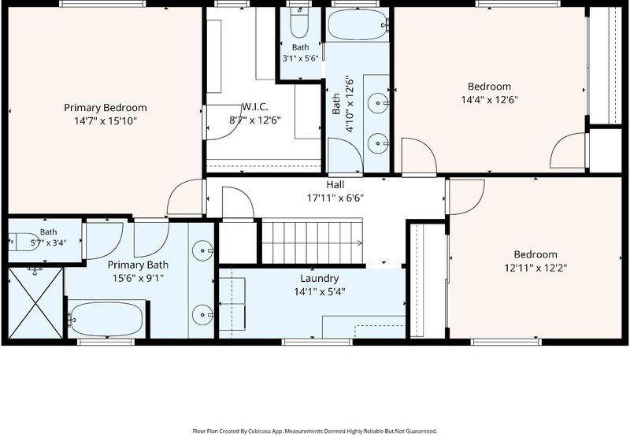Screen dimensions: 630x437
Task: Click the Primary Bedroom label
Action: click(106, 108)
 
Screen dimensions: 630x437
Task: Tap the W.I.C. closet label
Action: click(254, 107)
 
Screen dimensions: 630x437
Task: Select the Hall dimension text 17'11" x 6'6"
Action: click(335, 198)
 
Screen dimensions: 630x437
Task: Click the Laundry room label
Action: click(320, 279)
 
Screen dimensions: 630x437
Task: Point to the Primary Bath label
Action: click(138, 265)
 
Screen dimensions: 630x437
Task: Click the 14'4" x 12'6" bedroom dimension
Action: click(489, 100)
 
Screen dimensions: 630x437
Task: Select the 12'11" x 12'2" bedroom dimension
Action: click(535, 268)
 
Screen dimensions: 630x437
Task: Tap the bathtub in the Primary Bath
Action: click(106, 320)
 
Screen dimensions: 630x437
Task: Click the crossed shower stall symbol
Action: click(35, 303)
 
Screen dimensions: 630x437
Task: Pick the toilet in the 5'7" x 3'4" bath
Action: click(24, 242)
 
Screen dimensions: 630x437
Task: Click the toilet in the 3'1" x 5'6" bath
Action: click(299, 23)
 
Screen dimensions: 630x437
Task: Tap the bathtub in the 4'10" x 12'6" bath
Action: click(358, 24)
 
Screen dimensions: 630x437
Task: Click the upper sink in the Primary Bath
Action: click(202, 250)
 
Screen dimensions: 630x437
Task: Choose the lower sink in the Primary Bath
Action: click(202, 314)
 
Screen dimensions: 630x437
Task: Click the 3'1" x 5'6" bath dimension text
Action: click(300, 58)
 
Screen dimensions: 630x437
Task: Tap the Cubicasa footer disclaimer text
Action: click(314, 431)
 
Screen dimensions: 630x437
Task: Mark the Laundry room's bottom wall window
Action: click(317, 343)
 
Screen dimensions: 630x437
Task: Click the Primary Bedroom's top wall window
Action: click(102, 4)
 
